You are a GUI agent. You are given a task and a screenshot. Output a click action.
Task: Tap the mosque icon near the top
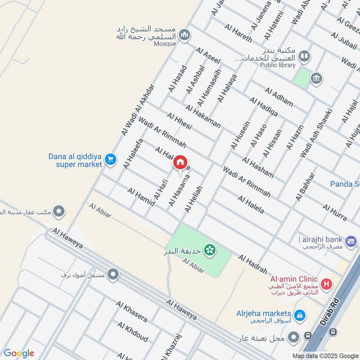pos(184,34)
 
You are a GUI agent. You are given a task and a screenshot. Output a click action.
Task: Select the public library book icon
pos(304,56)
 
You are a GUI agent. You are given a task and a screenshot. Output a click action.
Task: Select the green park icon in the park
pos(209,249)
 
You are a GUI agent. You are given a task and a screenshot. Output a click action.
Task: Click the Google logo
pos(19,353)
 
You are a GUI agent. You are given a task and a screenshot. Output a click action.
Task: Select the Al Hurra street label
pos(334,212)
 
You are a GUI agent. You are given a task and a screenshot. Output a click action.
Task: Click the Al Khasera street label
pos(131,311)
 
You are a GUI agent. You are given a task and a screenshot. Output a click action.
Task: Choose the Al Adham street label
pos(279,97)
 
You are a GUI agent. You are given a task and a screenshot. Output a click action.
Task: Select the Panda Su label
pos(345,184)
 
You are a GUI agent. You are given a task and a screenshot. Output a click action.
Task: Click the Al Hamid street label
pos(141,197)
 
